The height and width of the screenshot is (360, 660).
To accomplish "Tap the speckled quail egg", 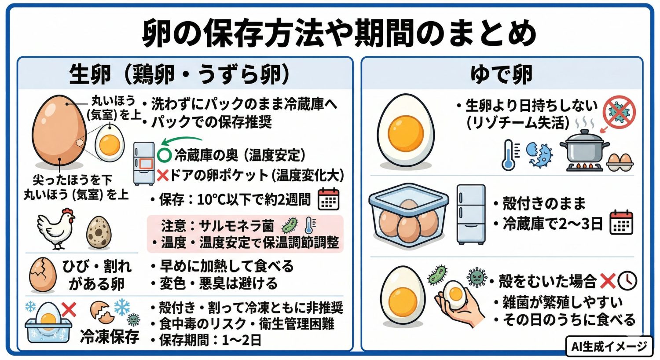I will [x=99, y=232].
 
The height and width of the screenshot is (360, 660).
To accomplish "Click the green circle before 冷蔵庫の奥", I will [x=164, y=155].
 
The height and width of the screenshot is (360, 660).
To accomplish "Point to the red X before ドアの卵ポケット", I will [x=162, y=176].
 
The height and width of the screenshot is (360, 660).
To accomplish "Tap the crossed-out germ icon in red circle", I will [x=619, y=112].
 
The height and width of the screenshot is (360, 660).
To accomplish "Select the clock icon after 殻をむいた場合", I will [x=627, y=280].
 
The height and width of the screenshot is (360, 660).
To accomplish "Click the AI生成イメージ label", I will [x=609, y=346].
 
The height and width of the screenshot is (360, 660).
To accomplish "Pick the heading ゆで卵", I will [x=501, y=74].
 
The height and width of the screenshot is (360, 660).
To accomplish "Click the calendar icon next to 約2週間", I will [x=328, y=199].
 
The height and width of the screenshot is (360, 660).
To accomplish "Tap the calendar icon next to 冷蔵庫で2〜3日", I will [x=621, y=223].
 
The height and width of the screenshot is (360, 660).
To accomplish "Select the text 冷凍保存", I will [x=110, y=337].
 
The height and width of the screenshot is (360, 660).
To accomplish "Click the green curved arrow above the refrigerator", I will [x=180, y=141].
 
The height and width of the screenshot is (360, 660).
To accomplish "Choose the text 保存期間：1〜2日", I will [x=210, y=340].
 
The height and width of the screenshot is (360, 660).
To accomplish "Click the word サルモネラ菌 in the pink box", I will [x=236, y=226].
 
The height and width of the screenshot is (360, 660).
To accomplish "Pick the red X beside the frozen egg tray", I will [x=69, y=309].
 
